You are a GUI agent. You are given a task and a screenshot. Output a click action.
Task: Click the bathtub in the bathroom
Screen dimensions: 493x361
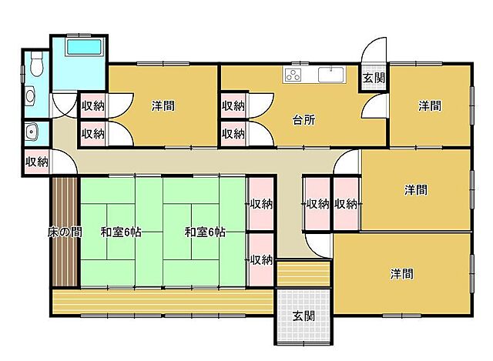84,48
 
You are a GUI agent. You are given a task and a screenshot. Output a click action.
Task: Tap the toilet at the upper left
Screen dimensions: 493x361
37,64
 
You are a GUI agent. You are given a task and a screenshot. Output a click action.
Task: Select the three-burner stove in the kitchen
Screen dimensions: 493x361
293,75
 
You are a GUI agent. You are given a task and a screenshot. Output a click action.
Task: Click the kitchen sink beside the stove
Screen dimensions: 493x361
331,75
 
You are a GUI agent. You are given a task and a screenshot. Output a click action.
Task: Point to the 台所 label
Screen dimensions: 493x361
304,120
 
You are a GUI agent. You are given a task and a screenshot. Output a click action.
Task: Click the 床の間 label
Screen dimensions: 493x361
65,232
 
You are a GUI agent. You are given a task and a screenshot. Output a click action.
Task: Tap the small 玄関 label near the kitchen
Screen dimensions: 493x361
374,78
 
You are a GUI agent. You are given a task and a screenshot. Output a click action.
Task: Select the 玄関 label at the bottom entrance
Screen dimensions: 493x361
304,316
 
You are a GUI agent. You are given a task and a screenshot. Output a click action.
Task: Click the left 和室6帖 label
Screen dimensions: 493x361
121,232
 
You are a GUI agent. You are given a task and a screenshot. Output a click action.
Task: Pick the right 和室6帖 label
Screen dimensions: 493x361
205,232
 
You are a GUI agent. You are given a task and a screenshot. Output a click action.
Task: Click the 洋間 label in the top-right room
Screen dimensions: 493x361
430,105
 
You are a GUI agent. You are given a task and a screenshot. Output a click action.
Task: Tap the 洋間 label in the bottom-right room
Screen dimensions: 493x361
402,274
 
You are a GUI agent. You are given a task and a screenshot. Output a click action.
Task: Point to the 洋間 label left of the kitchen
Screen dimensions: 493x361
163,105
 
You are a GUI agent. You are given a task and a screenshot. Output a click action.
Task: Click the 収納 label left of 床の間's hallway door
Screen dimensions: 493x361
37,162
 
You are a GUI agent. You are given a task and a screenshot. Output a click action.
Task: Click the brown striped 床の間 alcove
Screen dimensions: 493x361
65,232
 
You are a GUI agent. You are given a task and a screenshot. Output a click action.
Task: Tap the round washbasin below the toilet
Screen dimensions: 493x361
31,95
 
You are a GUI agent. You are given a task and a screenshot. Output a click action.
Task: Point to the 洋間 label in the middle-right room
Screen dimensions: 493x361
416,190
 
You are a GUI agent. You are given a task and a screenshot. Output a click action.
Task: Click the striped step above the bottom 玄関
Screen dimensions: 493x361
304,273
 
